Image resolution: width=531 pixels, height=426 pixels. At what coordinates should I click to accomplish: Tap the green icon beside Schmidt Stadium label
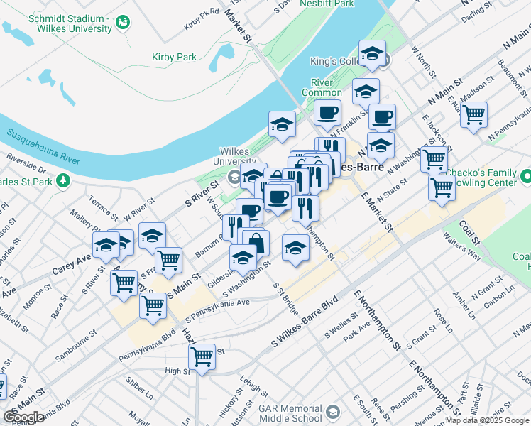click(122, 23)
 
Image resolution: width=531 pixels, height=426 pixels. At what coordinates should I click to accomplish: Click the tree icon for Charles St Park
click(63, 180)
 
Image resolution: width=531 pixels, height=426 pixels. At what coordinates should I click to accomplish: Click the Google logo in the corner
click(23, 417)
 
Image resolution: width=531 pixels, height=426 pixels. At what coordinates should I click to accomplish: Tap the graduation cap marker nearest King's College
click(371, 54)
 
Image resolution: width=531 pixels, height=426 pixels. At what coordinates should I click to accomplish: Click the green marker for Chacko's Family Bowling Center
click(526, 175)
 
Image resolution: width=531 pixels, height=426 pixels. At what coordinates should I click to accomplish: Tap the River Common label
click(322, 87)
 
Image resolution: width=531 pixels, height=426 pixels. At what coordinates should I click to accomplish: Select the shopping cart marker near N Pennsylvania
click(473, 114)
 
